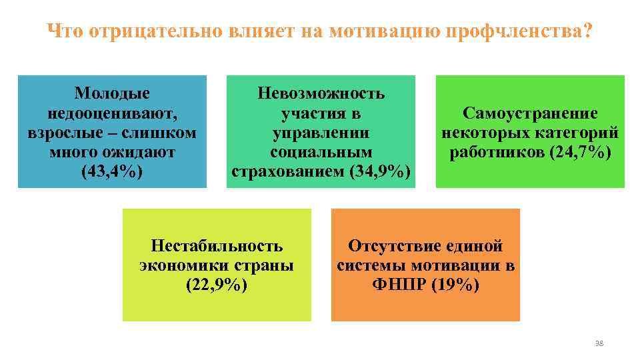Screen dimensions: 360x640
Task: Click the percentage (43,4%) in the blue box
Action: [112, 171]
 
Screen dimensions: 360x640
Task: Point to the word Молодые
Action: [112, 93]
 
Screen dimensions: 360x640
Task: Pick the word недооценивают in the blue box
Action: [112, 113]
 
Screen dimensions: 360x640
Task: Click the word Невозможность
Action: [321, 93]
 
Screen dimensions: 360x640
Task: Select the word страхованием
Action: [288, 171]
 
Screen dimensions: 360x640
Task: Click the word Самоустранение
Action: [530, 113]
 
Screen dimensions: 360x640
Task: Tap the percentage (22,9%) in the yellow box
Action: [217, 285]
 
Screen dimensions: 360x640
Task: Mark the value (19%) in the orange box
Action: [453, 285]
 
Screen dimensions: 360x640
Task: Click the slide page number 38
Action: [598, 343]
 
